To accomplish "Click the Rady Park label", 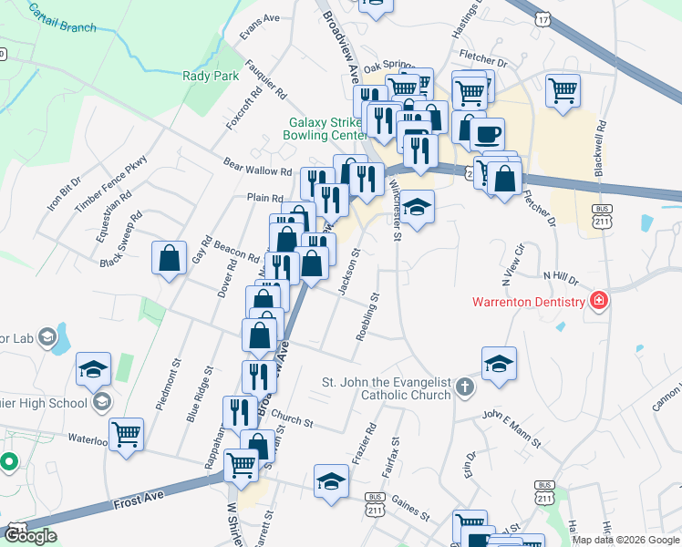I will tap(210, 77).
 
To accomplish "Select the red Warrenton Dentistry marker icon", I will tap(599, 300).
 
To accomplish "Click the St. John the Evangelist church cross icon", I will tap(465, 387).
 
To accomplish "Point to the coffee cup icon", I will tap(487, 133).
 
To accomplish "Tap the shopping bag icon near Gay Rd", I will tap(170, 257).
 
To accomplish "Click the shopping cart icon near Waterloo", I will tap(126, 434).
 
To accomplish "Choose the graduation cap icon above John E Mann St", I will tap(499, 364).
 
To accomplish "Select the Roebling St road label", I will tap(367, 315).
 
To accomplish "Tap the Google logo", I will tap(30, 535).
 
